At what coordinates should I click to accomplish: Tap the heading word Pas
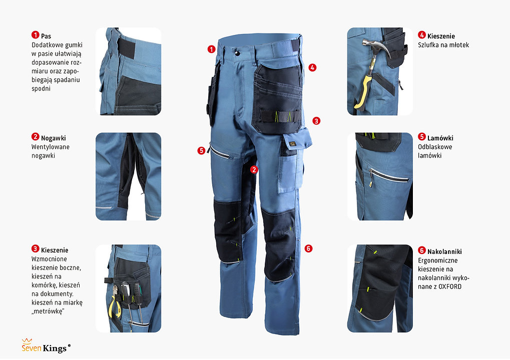tap(46, 36)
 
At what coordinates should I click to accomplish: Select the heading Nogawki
tap(54, 138)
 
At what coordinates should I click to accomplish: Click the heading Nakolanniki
tap(444, 251)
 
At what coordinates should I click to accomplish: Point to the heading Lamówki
tap(440, 138)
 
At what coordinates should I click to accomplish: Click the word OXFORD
tap(450, 286)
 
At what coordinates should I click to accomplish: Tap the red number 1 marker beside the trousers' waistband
tap(211, 49)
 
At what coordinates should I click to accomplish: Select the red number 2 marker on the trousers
tap(254, 169)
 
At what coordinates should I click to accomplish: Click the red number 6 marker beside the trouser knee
tap(308, 248)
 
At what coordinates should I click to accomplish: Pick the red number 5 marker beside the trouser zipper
tap(201, 150)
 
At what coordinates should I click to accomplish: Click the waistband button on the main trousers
tap(237, 52)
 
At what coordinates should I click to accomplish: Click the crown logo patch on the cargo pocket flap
tap(292, 143)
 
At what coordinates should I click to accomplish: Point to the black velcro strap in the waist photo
tap(126, 48)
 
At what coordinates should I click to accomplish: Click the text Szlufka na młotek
tap(443, 45)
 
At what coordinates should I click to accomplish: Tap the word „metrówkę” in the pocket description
tap(48, 311)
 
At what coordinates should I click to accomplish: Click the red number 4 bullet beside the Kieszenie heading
tap(422, 35)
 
